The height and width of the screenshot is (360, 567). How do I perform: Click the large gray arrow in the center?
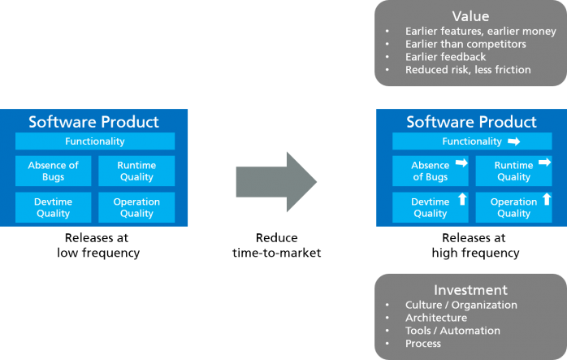pyautogui.click(x=277, y=182)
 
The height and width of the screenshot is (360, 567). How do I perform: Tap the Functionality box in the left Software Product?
pyautogui.click(x=95, y=141)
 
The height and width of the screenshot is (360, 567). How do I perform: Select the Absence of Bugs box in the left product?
pyautogui.click(x=53, y=171)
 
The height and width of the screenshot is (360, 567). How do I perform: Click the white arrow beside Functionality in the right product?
pyautogui.click(x=514, y=141)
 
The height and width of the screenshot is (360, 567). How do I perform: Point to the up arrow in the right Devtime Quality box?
pyautogui.click(x=462, y=199)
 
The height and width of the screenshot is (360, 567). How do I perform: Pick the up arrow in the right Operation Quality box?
pyautogui.click(x=547, y=199)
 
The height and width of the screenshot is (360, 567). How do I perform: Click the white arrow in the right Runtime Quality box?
pyautogui.click(x=544, y=162)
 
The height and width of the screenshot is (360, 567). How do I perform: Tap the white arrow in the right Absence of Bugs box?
pyautogui.click(x=461, y=163)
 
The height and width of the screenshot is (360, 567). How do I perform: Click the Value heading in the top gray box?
pyautogui.click(x=470, y=16)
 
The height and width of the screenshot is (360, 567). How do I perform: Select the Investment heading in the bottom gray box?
pyautogui.click(x=470, y=290)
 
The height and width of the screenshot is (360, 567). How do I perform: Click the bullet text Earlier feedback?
pyautogui.click(x=445, y=57)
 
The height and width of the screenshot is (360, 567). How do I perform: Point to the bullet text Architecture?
pyautogui.click(x=436, y=318)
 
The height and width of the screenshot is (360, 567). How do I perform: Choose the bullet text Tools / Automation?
pyautogui.click(x=452, y=331)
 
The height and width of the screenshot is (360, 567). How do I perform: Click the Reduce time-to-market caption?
pyautogui.click(x=277, y=245)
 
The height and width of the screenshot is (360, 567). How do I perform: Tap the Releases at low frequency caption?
pyautogui.click(x=97, y=245)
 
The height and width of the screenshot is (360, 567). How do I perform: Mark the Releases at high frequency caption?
pyautogui.click(x=475, y=245)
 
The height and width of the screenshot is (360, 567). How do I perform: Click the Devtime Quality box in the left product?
pyautogui.click(x=53, y=207)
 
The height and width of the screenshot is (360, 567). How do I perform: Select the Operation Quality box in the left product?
pyautogui.click(x=136, y=207)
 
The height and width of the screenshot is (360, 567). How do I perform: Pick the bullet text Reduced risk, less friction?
pyautogui.click(x=468, y=70)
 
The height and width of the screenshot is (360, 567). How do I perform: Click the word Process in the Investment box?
pyautogui.click(x=423, y=344)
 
